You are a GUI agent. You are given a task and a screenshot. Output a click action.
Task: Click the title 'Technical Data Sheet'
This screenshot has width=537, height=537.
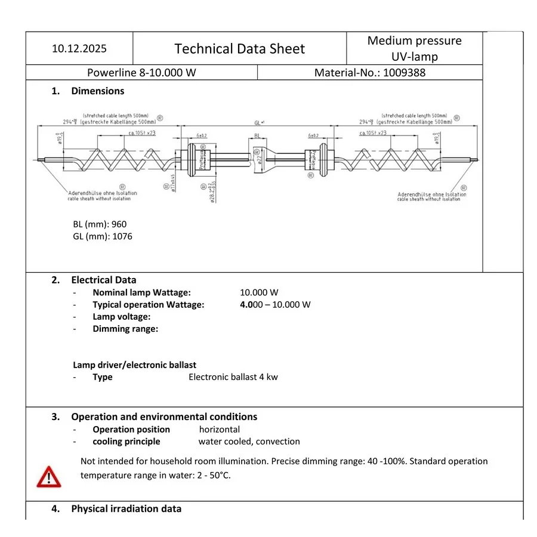(239, 48)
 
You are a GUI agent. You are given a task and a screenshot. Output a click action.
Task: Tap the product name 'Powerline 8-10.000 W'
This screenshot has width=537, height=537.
(141, 73)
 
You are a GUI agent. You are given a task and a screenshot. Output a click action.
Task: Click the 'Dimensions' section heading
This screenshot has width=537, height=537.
(97, 91)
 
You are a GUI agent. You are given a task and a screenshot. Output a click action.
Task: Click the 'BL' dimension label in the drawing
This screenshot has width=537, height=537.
(257, 135)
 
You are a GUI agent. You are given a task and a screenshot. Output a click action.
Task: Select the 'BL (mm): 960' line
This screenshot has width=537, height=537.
(100, 224)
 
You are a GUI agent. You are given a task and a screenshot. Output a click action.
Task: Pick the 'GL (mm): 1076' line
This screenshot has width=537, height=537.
(103, 236)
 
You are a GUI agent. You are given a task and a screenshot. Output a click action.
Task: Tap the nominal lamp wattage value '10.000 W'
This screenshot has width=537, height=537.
(259, 292)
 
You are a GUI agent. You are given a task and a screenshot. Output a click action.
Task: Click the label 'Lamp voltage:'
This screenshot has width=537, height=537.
(121, 317)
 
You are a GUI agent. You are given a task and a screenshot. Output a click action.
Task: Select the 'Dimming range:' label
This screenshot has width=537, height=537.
(125, 329)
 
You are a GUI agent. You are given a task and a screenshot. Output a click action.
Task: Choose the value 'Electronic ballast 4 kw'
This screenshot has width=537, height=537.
(233, 376)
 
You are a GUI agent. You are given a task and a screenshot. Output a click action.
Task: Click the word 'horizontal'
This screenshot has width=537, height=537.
(220, 429)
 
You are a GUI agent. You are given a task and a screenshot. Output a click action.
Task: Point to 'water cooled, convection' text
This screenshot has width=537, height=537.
(249, 442)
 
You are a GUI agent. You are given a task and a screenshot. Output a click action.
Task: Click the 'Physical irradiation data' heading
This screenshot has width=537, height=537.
(126, 509)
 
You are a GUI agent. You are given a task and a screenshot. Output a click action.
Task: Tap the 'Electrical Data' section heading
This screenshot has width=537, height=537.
(103, 280)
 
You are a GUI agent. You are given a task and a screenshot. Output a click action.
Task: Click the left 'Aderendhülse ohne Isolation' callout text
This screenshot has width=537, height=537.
(101, 193)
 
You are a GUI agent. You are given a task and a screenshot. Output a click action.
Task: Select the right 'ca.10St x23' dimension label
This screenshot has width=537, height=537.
(373, 133)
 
